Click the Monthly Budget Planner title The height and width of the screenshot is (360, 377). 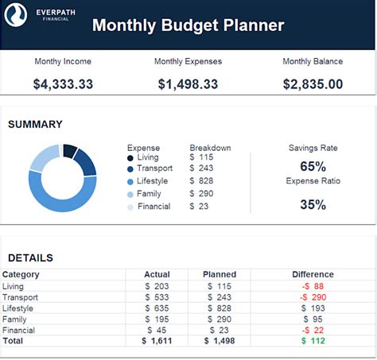point(188,25)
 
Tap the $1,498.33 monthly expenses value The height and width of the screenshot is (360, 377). point(188,84)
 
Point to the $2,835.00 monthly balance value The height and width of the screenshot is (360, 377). point(313,84)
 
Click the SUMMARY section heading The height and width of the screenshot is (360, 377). point(35,124)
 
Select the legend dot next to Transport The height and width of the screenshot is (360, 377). point(130,169)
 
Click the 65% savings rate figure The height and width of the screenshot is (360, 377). point(313,166)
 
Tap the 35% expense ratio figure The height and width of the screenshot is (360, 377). point(313,204)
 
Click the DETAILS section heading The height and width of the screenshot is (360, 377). point(30,257)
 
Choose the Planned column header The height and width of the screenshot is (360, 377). point(220,274)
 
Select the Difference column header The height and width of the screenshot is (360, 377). point(313,274)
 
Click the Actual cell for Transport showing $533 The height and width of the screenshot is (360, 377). point(157,296)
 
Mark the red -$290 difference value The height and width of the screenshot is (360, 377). point(313,296)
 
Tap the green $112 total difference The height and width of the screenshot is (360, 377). point(313,341)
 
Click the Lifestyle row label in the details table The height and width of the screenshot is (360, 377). point(18,308)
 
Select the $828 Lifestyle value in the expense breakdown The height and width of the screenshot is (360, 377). point(202,181)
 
